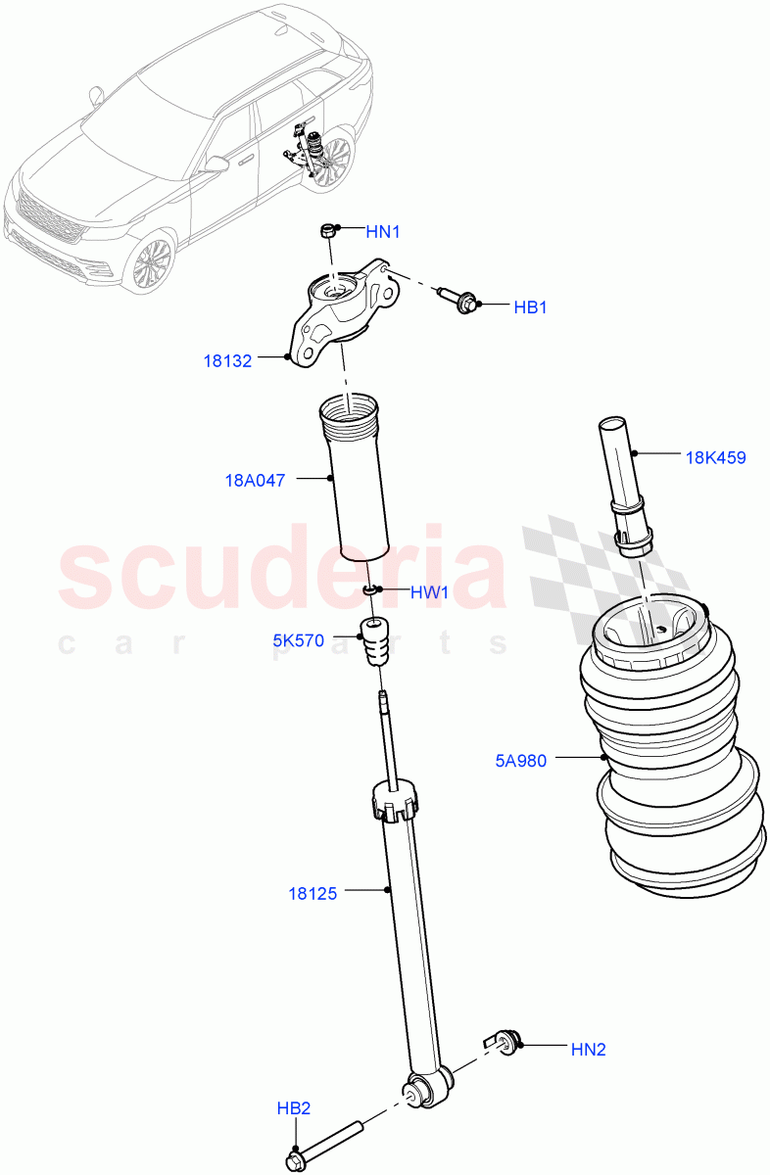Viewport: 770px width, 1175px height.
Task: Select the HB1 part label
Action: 530,307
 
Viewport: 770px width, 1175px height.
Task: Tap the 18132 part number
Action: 227,360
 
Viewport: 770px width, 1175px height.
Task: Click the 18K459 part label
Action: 715,456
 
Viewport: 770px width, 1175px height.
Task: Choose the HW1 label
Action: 428,592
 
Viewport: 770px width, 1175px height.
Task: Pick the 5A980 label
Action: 522,759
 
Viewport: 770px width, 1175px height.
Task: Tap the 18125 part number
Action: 313,893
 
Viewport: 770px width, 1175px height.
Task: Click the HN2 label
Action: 588,1049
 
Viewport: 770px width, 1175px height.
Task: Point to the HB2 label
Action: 293,1108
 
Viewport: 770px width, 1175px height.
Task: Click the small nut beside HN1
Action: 328,232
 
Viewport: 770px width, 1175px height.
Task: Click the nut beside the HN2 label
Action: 505,1042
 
